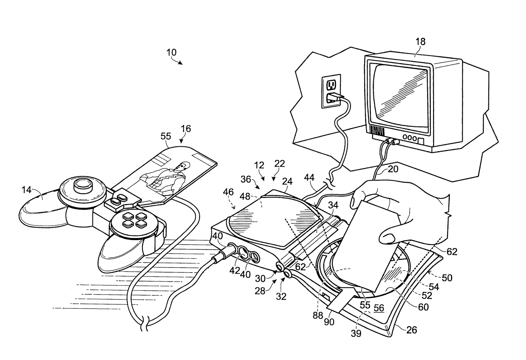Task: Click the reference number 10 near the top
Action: [x=171, y=52]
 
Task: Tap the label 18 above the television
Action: [x=420, y=42]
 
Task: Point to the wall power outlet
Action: [x=331, y=90]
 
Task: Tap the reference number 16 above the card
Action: [x=186, y=129]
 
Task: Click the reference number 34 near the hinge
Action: [x=333, y=205]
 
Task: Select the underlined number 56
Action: [x=379, y=308]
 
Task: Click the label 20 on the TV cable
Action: [x=393, y=169]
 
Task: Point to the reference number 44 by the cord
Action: [x=309, y=178]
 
